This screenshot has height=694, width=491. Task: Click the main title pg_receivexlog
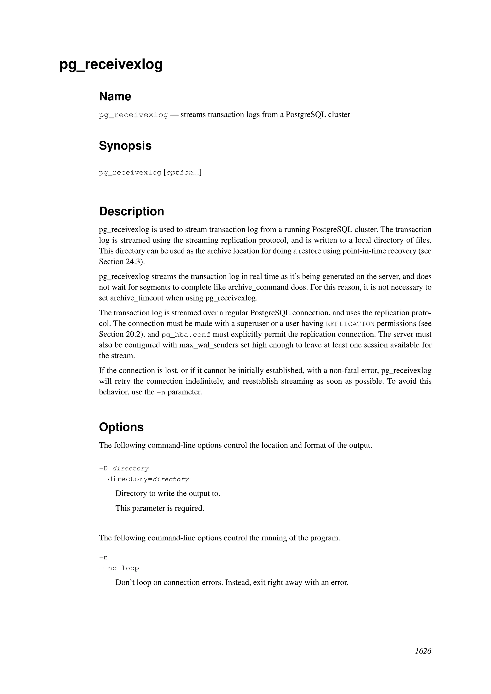click(x=111, y=64)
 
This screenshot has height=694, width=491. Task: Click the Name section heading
click(x=115, y=97)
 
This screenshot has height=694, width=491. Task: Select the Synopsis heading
click(x=125, y=146)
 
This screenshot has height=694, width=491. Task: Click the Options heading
click(x=121, y=427)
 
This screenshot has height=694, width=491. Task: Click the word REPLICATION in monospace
click(x=350, y=324)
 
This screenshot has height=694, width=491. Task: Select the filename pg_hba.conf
click(x=186, y=335)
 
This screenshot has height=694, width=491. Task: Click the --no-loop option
click(x=119, y=568)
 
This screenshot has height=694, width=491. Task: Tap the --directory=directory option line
click(x=144, y=479)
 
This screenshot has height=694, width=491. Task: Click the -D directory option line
click(x=124, y=468)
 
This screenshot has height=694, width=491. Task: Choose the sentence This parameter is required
click(x=160, y=508)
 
